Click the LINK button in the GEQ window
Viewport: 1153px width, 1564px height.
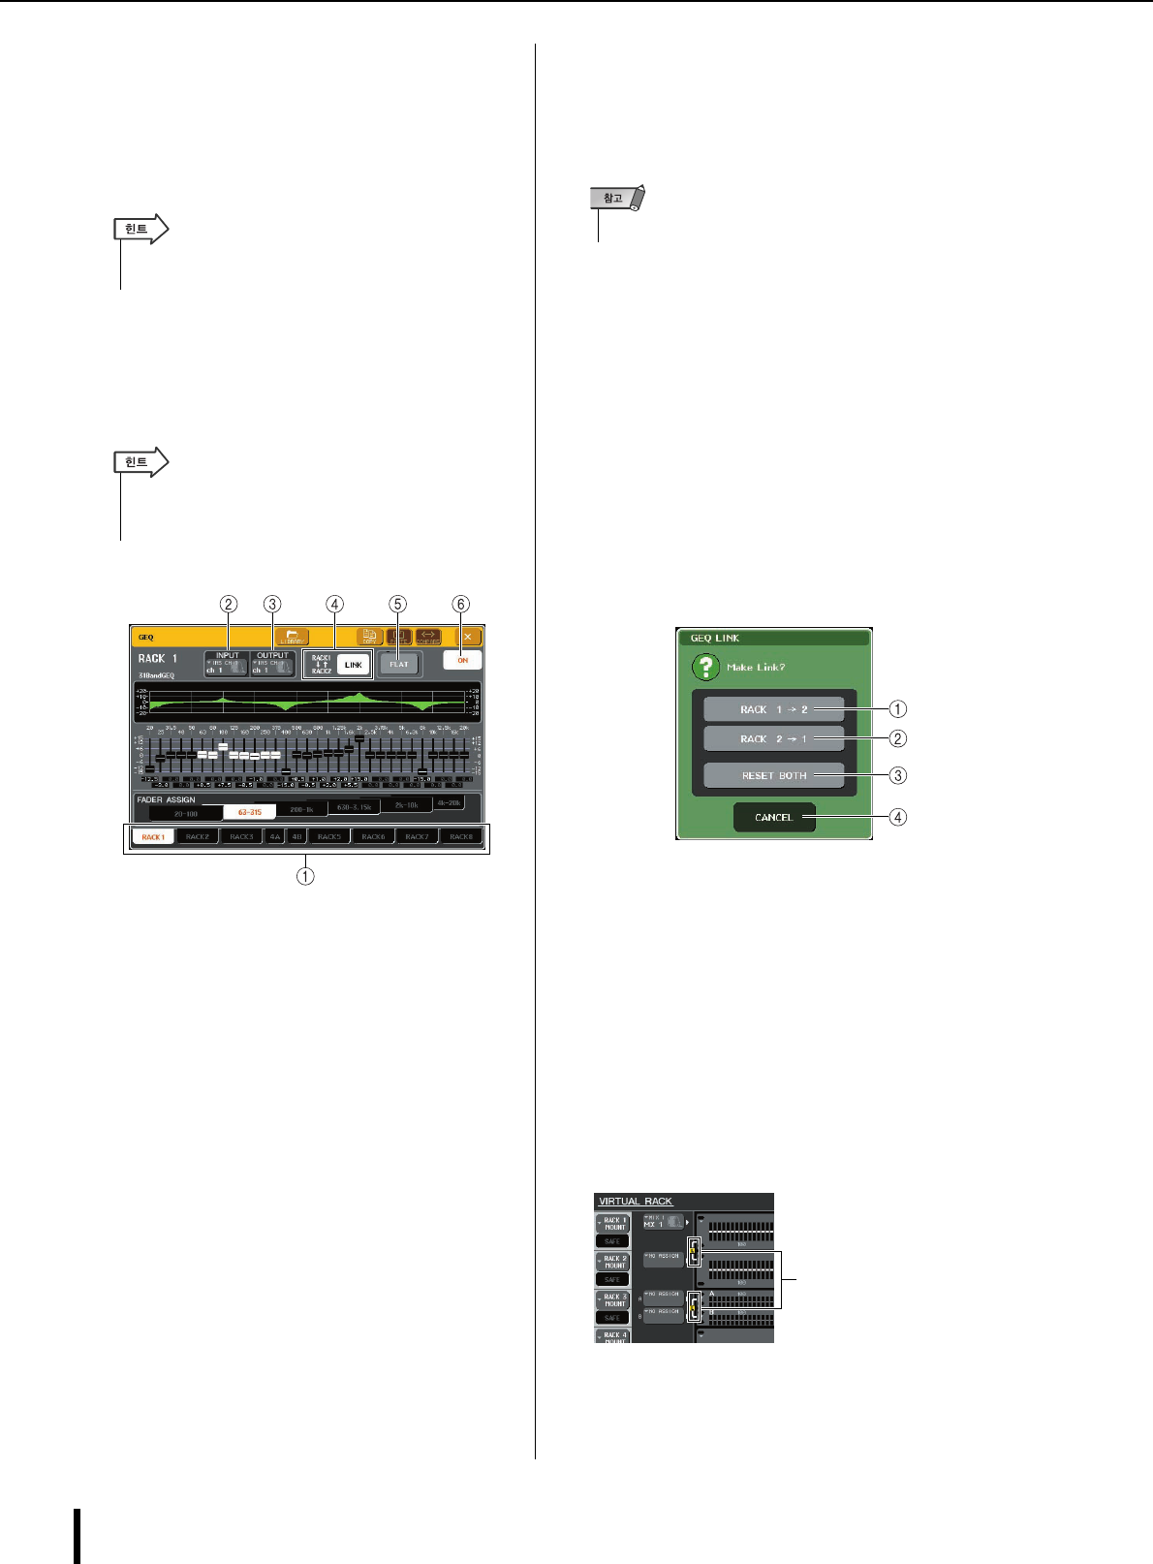pos(353,665)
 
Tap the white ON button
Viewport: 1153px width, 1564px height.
pos(462,660)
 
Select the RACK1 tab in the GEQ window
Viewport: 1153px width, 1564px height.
pos(153,836)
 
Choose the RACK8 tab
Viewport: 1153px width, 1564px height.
pos(461,836)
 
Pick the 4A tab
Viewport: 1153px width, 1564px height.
pos(275,836)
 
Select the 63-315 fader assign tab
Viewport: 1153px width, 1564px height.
pos(249,812)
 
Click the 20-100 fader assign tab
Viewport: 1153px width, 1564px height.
pos(185,813)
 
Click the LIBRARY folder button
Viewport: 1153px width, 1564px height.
pos(291,638)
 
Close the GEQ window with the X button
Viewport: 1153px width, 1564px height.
pos(467,637)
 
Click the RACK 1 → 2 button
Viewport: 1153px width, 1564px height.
pos(773,709)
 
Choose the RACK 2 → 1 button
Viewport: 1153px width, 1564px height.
pos(773,738)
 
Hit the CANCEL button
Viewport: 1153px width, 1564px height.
pos(773,817)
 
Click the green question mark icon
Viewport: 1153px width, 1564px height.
pos(705,668)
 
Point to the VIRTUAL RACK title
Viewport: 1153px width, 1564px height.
pos(636,1202)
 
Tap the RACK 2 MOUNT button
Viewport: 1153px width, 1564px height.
pos(614,1262)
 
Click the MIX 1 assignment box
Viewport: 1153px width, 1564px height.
pos(664,1223)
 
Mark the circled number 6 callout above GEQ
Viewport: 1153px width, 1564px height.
pos(460,604)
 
